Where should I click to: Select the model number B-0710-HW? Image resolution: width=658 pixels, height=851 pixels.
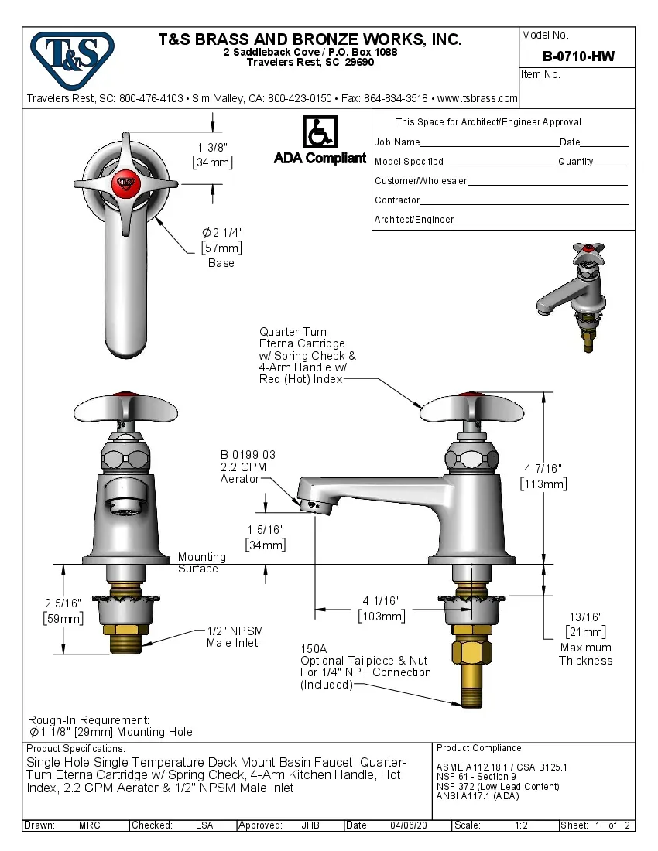577,56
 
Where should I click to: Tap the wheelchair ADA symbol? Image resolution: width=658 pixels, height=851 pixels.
319,132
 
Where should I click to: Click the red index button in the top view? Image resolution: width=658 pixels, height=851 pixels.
123,183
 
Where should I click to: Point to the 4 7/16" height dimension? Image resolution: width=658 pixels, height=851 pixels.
543,469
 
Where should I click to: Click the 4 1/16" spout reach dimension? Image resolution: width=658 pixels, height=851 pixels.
381,600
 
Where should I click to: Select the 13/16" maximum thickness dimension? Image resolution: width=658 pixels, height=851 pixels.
585,617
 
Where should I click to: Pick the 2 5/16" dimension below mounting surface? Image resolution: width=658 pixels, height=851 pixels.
62,603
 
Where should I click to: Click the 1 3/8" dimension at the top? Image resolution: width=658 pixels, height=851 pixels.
213,147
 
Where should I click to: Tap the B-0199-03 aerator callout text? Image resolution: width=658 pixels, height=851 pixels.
248,455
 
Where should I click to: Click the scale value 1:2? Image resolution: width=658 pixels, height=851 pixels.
521,825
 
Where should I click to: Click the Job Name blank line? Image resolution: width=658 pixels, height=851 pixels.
489,143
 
